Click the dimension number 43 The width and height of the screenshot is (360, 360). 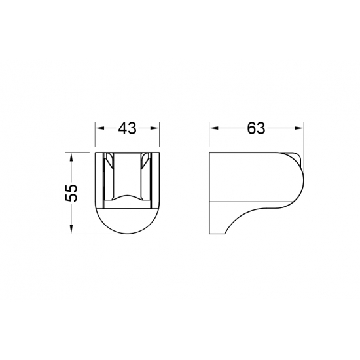(127, 128)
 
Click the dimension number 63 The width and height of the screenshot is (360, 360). (256, 128)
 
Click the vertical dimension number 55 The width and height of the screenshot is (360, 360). (71, 193)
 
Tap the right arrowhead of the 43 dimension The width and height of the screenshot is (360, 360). (154, 128)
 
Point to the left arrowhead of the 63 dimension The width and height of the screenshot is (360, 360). (214, 128)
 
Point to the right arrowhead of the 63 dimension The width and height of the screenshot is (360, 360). (299, 128)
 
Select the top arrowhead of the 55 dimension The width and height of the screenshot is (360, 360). (71, 156)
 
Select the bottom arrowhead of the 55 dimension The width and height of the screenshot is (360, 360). (71, 229)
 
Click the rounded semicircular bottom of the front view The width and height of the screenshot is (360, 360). (127, 234)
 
